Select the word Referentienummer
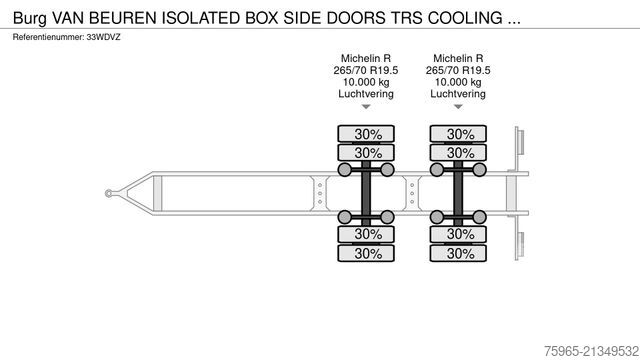(45, 37)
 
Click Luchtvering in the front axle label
(367, 93)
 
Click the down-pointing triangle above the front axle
(367, 106)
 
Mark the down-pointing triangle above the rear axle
(459, 106)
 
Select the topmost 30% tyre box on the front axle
(368, 134)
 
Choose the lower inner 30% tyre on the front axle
(368, 235)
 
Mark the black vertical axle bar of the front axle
(368, 194)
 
